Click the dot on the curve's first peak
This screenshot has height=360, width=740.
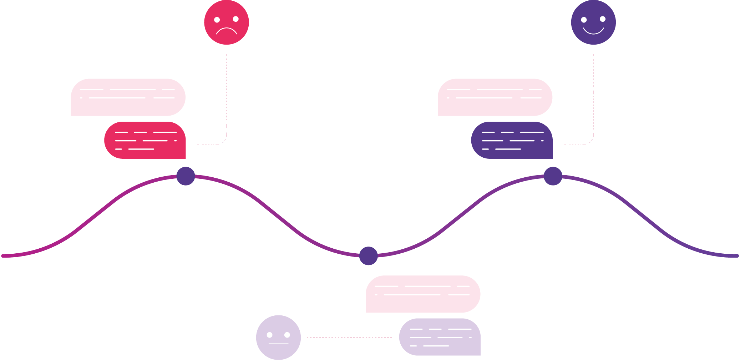pos(186,176)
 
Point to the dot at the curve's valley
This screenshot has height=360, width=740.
pos(368,256)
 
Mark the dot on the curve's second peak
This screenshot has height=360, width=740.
pos(553,176)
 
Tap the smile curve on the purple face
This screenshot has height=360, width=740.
pos(593,32)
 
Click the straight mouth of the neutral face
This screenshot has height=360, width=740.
pos(278,344)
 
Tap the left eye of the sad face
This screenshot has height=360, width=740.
pos(217,20)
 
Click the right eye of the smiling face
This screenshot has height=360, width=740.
pos(603,19)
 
